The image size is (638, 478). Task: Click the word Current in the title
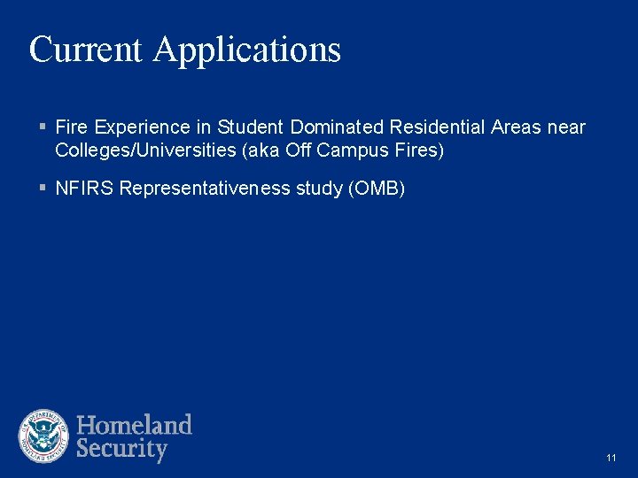point(85,50)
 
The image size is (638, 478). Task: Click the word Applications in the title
point(246,51)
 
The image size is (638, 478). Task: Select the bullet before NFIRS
point(43,189)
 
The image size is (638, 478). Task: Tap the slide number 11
point(611,458)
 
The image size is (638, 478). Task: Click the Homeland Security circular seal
point(44,436)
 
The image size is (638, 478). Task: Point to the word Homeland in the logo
point(134,425)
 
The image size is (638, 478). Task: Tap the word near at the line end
point(566,127)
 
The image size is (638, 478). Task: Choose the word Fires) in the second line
point(416,150)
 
